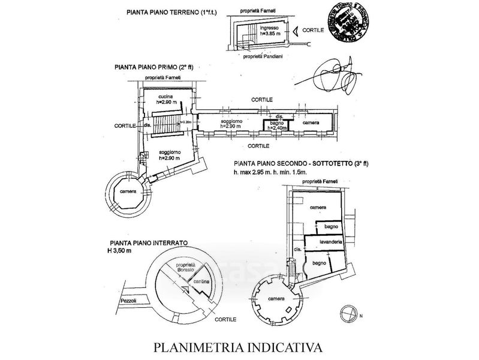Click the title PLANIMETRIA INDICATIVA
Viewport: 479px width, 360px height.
[238, 347]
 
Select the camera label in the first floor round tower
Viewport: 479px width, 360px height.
[127, 191]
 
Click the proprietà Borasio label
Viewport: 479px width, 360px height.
[186, 268]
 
